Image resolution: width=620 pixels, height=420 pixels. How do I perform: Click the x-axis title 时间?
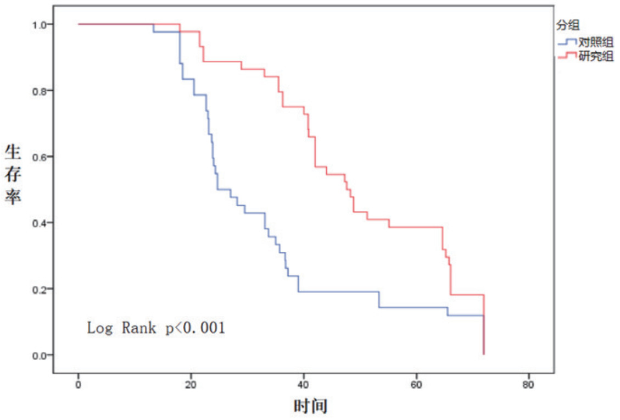(311, 407)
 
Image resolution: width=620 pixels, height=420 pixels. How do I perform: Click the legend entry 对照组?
(596, 42)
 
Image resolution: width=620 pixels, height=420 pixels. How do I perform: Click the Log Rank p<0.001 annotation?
(156, 328)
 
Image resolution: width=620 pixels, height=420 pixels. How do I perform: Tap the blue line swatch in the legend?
(567, 42)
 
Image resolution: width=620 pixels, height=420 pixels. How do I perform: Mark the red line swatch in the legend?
(567, 56)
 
